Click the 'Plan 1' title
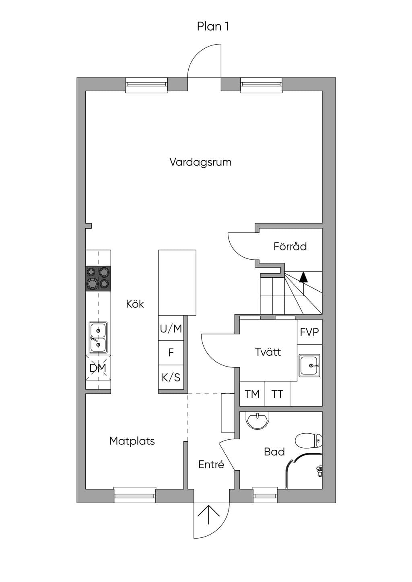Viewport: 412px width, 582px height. (213, 27)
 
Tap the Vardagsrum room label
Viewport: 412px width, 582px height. (200, 162)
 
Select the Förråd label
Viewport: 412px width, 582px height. (290, 246)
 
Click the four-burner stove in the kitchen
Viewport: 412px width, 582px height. (98, 278)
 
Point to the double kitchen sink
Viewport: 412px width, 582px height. (98, 338)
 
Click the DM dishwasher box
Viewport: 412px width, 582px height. (98, 368)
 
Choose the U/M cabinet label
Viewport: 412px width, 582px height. (171, 329)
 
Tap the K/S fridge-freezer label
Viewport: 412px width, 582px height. (171, 377)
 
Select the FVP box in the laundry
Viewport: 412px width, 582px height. (309, 332)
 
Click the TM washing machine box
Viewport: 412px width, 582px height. (252, 393)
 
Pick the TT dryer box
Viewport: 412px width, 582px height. (277, 393)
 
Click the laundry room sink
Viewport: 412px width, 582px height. (309, 365)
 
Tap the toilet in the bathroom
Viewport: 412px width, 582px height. (309, 440)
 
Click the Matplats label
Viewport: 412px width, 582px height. (132, 441)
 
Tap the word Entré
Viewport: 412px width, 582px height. (211, 464)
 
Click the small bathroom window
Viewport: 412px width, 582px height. (265, 495)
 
